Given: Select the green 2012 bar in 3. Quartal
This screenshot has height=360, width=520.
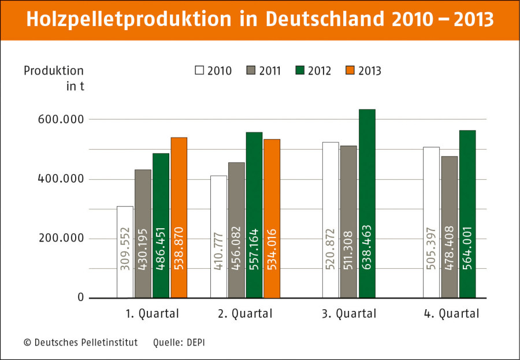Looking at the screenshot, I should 367,203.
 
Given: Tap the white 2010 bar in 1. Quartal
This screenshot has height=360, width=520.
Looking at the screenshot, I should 125,252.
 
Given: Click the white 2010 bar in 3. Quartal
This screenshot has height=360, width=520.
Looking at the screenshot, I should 330,220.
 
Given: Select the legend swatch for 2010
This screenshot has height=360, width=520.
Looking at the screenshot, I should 200,70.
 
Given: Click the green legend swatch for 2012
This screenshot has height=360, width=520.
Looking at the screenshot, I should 300,70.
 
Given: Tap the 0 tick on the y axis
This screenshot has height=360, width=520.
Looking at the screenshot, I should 80,298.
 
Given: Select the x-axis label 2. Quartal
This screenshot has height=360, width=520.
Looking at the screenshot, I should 246,314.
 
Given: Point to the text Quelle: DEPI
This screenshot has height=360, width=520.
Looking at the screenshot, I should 179,343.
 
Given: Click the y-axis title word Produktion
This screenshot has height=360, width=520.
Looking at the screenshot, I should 54,70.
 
